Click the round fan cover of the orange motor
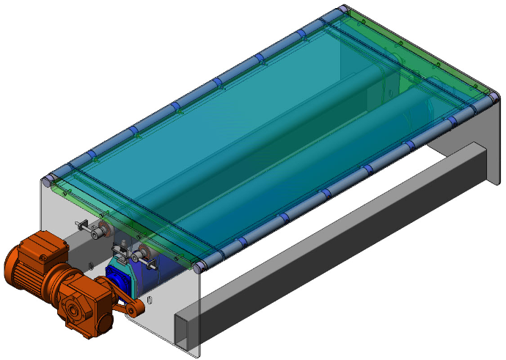pyautogui.click(x=16, y=268)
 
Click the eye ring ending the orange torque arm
pyautogui.click(x=133, y=312)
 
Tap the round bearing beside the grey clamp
pyautogui.click(x=145, y=256)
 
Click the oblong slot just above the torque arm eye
pyautogui.click(x=150, y=299)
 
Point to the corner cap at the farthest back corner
pyautogui.click(x=340, y=10)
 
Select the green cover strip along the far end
pyautogui.click(x=418, y=51)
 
